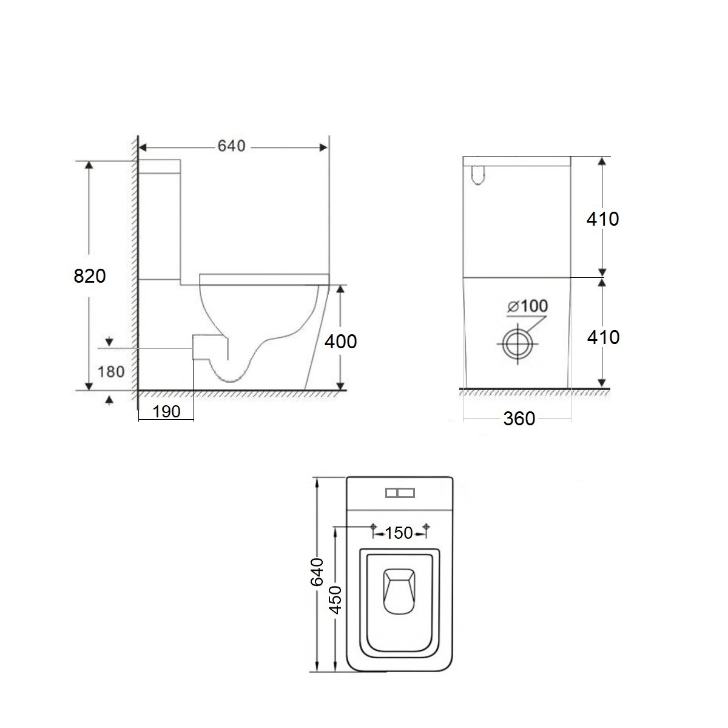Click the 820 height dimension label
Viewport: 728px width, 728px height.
click(x=90, y=276)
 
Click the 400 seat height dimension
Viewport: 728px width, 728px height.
click(x=341, y=342)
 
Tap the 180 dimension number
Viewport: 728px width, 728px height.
click(x=111, y=372)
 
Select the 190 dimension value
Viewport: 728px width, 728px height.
click(x=167, y=412)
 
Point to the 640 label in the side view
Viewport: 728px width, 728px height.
click(x=232, y=146)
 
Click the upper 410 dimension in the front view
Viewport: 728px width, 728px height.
click(x=602, y=219)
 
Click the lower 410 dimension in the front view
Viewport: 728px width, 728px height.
click(x=603, y=337)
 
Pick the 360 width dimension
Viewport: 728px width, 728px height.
click(x=519, y=419)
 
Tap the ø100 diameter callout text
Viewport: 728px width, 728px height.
click(x=528, y=306)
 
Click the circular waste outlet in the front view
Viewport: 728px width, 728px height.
click(x=517, y=344)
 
